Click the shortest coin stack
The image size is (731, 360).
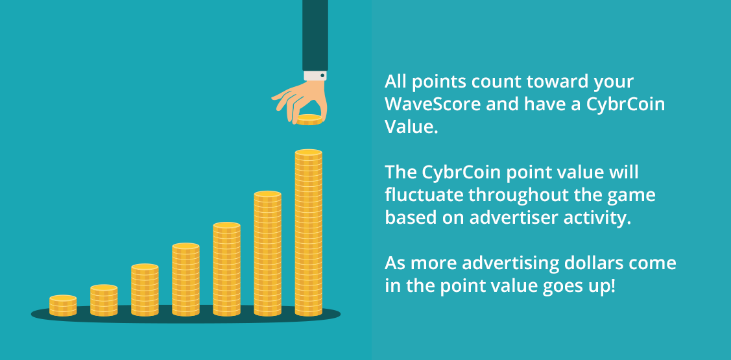63,306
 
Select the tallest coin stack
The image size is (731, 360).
309,233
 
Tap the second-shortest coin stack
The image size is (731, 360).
104,300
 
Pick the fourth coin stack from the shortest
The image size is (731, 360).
186,280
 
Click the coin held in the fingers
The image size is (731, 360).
310,120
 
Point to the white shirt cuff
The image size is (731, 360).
315,75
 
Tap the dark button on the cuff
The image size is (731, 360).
322,75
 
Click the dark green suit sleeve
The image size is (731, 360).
315,36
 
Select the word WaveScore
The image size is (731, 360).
432,104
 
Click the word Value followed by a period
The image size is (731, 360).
412,127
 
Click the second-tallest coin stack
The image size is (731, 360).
268,254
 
